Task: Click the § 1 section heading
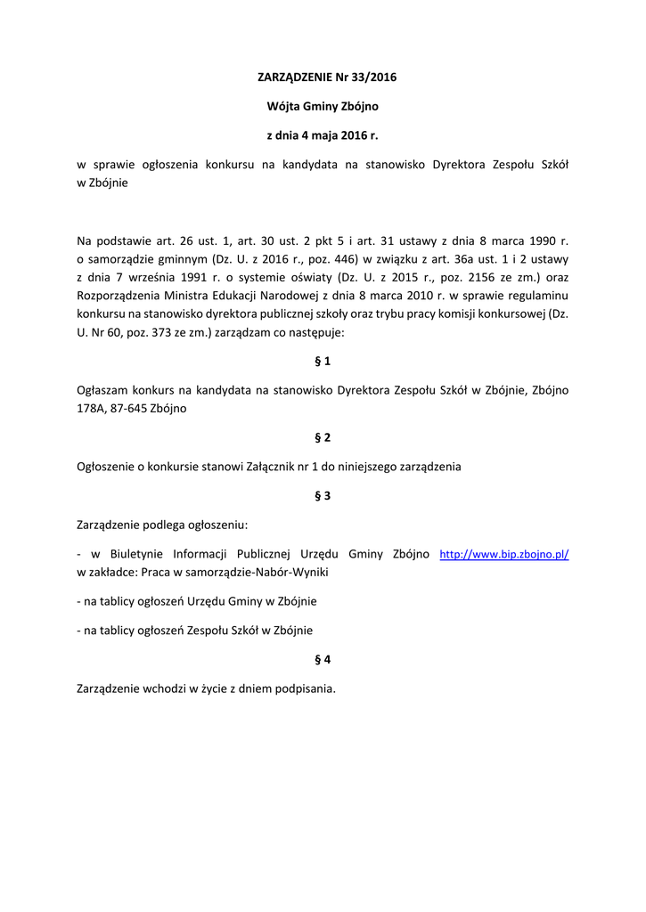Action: point(323,362)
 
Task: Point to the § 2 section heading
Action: point(323,437)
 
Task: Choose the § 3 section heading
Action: point(323,496)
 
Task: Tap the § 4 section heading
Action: point(323,660)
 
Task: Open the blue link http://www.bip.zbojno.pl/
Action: point(504,555)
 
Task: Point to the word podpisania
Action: point(303,688)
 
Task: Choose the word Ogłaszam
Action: point(102,390)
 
